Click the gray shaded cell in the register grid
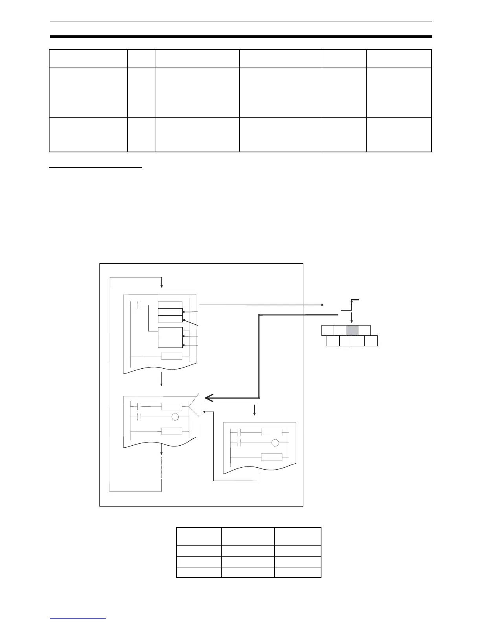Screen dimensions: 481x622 352,331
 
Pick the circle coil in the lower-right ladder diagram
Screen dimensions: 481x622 275,443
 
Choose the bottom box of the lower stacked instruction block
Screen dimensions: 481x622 170,344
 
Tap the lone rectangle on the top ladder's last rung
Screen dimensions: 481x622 172,356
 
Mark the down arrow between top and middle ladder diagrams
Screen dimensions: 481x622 162,380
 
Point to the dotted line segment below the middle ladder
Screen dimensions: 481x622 162,472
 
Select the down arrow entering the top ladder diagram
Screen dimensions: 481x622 162,283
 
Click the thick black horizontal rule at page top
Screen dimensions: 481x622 240,37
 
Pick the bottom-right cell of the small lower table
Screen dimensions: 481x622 297,572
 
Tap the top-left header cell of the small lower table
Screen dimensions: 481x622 198,536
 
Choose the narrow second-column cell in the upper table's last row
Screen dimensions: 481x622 141,135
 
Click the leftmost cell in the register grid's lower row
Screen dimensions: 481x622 333,341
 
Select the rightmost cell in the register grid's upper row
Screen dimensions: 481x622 364,331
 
